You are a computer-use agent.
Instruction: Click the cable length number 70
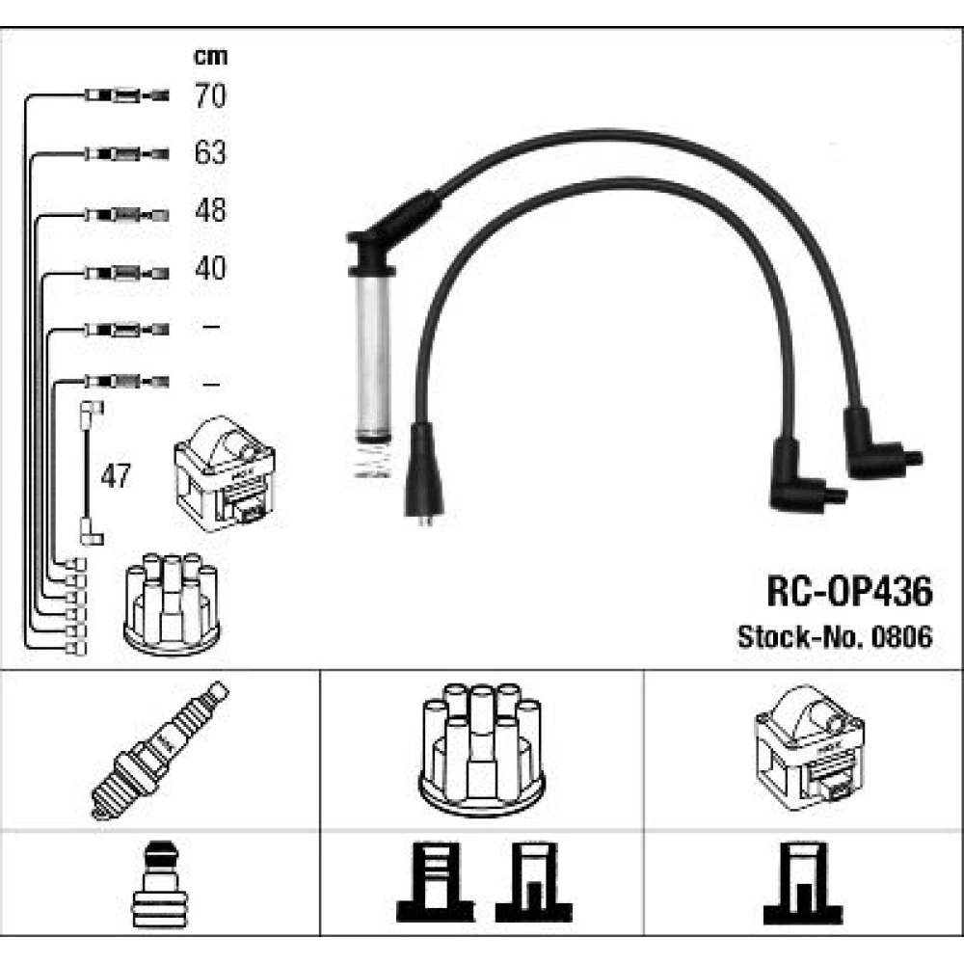(210, 95)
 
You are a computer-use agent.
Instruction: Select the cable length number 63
(210, 152)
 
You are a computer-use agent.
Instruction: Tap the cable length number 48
(210, 210)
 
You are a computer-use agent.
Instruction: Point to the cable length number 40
(210, 268)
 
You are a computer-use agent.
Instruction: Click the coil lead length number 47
(116, 475)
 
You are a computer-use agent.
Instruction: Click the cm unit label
(210, 57)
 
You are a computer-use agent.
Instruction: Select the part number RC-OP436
(849, 592)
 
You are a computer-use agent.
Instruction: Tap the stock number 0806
(902, 637)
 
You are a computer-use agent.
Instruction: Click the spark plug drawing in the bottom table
(160, 750)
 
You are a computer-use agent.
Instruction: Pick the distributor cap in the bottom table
(482, 750)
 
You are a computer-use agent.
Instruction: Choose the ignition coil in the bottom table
(810, 748)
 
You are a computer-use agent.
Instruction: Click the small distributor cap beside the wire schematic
(172, 603)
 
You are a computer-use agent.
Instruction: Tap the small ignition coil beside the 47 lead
(225, 473)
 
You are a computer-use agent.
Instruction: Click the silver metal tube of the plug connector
(372, 357)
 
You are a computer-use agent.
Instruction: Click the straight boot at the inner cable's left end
(424, 470)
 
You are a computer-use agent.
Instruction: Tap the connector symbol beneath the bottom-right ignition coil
(803, 883)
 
